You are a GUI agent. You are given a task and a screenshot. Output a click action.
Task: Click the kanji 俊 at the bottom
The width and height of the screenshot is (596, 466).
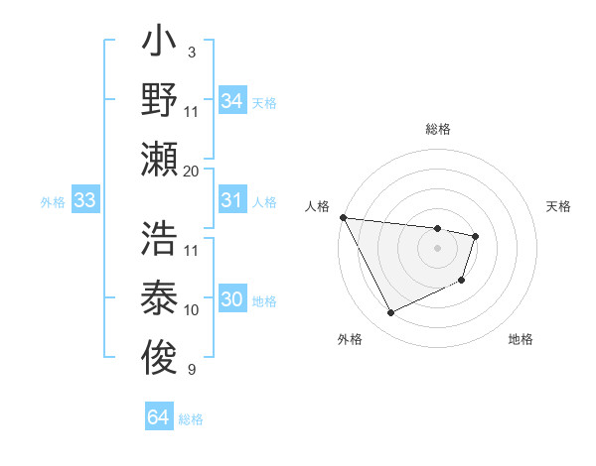pyautogui.click(x=160, y=352)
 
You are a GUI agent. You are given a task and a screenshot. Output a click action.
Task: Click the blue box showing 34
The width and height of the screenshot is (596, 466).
pyautogui.click(x=231, y=101)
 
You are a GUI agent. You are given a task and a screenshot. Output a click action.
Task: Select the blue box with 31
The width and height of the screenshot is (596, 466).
pyautogui.click(x=231, y=201)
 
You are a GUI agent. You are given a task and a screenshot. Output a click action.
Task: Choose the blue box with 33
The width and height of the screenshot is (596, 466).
pyautogui.click(x=84, y=201)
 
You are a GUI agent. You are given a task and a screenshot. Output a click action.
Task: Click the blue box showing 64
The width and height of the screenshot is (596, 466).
pyautogui.click(x=158, y=417)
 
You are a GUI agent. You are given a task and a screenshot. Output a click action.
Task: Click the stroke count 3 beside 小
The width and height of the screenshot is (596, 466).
pyautogui.click(x=192, y=52)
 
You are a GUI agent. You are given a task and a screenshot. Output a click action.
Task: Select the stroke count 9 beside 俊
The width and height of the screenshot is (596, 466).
pyautogui.click(x=192, y=371)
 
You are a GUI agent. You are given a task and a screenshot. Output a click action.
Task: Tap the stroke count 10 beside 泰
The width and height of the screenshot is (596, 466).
pyautogui.click(x=192, y=310)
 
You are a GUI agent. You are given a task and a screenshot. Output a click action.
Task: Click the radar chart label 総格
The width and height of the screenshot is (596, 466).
pyautogui.click(x=438, y=129)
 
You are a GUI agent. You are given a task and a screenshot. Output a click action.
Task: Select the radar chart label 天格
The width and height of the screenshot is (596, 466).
pyautogui.click(x=559, y=206)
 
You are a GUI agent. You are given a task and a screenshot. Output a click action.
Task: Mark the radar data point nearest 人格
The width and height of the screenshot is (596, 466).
pyautogui.click(x=343, y=217)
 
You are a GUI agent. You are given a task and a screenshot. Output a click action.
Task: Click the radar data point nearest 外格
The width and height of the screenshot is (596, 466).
pyautogui.click(x=390, y=313)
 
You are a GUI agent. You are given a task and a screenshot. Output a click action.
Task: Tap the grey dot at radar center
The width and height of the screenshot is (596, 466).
pyautogui.click(x=437, y=248)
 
